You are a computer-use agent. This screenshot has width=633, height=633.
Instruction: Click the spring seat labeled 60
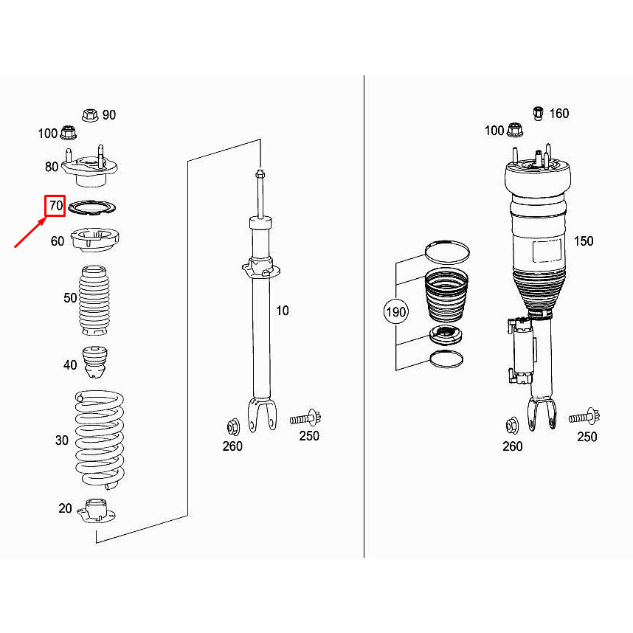tap(94, 240)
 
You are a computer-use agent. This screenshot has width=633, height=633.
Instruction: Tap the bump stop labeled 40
tap(94, 362)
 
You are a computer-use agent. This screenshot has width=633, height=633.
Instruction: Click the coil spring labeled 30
tap(100, 439)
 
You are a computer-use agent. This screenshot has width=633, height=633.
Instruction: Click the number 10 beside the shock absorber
tap(283, 311)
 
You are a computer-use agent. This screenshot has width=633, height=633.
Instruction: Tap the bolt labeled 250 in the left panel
tap(304, 418)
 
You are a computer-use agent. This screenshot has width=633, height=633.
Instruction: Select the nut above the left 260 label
tap(230, 426)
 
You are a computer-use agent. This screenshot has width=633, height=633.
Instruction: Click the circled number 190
tap(396, 312)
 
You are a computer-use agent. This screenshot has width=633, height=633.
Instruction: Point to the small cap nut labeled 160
tap(539, 113)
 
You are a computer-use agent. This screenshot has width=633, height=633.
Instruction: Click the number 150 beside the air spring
tap(583, 241)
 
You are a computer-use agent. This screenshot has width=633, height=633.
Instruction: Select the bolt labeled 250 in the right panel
tap(583, 418)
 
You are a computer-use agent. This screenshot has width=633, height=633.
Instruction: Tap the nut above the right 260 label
tap(511, 426)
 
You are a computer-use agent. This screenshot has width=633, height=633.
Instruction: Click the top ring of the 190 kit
tap(447, 252)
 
